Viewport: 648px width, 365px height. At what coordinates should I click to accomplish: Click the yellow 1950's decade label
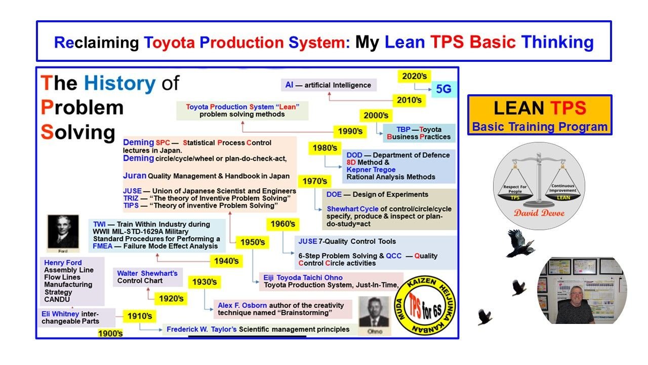pyautogui.click(x=253, y=242)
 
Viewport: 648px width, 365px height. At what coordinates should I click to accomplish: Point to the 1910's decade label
pyautogui.click(x=140, y=316)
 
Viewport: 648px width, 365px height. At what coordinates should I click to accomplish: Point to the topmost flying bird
pyautogui.click(x=519, y=244)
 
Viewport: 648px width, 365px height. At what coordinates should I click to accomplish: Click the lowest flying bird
pyautogui.click(x=484, y=317)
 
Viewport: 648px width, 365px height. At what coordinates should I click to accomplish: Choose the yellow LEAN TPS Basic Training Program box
pyautogui.click(x=539, y=115)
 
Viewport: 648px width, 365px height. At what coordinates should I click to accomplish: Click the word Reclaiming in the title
pyautogui.click(x=96, y=42)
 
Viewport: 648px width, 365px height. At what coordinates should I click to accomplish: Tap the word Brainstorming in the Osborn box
pyautogui.click(x=299, y=313)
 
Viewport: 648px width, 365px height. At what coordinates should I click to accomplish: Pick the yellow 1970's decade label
pyautogui.click(x=314, y=181)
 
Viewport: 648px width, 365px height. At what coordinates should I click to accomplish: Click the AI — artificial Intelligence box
pyautogui.click(x=328, y=85)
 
